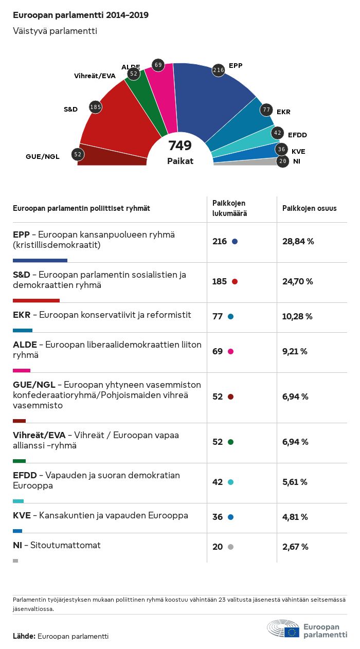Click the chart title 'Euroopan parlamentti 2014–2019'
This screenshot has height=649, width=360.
tap(81, 15)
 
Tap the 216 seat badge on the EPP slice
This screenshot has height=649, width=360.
tap(219, 70)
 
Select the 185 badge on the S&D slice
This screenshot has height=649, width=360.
tap(95, 107)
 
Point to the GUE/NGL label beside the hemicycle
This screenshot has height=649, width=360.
tap(43, 156)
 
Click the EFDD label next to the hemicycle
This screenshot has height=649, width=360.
tap(297, 135)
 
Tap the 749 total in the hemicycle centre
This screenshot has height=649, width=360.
tap(180, 146)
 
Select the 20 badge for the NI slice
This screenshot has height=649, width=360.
tap(282, 161)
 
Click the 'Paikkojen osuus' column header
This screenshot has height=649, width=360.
tap(310, 208)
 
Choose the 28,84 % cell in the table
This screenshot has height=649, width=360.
tap(298, 241)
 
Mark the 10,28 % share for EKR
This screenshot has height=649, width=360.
tap(297, 316)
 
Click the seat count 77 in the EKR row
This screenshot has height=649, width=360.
tap(218, 316)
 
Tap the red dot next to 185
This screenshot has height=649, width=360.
tap(235, 281)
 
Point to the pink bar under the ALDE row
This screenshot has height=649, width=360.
tap(22, 370)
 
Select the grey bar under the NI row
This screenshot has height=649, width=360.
tap(15, 561)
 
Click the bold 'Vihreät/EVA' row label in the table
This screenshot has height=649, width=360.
tap(39, 435)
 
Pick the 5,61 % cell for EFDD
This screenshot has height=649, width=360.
tap(295, 482)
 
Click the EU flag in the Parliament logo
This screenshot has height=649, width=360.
tap(292, 632)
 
